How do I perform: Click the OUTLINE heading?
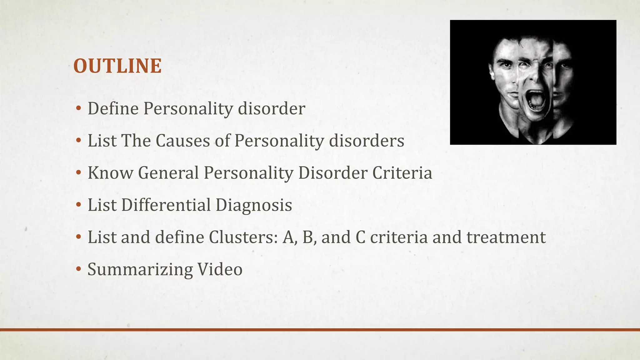coord(117,66)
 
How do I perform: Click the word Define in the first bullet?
coord(113,109)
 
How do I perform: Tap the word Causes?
coord(182,141)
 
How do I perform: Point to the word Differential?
coord(166,205)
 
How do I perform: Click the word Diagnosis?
coord(254,205)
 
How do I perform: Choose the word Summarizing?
coord(140,270)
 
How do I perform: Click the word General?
coord(168,173)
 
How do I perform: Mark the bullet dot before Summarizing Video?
coord(78,269)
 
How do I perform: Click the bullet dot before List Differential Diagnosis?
coord(78,205)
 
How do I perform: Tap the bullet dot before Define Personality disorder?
coord(78,109)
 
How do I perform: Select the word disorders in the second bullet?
coord(367,141)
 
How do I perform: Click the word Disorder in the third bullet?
coord(332,173)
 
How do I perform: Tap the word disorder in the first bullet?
coord(271,109)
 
